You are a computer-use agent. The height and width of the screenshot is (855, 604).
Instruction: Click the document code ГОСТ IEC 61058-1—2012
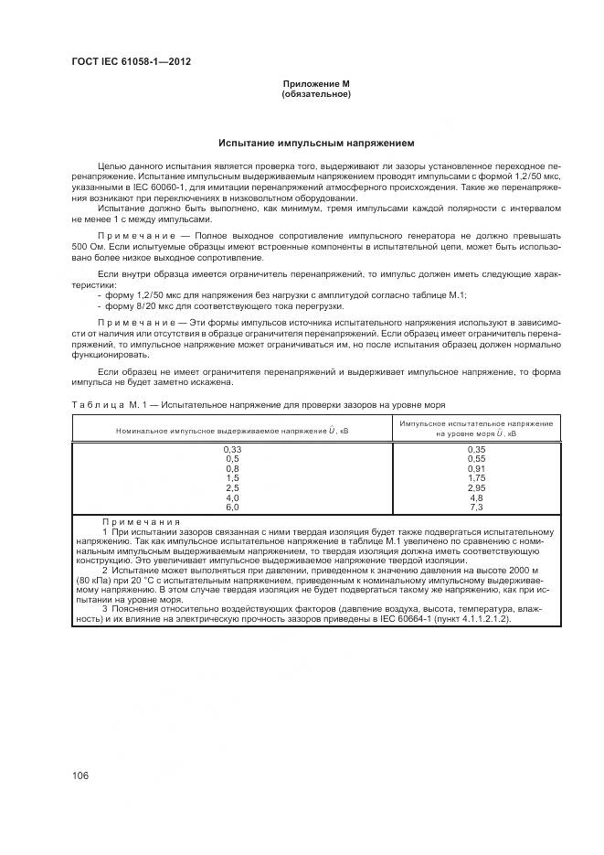coord(131,62)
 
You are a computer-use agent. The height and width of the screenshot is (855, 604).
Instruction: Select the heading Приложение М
coord(316,85)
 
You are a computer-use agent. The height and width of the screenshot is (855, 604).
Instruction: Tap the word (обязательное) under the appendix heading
coord(316,94)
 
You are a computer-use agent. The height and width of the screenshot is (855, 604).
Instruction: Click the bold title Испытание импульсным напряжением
coord(316,144)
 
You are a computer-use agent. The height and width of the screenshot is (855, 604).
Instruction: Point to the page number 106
coord(79,775)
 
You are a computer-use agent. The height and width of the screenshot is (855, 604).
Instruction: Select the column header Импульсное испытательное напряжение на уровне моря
coord(475,429)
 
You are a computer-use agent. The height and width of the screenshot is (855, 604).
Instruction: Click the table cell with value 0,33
coord(231,449)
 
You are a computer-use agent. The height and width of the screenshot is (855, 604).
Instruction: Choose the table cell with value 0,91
coord(475,468)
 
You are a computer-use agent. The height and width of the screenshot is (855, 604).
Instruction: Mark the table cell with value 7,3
coord(475,506)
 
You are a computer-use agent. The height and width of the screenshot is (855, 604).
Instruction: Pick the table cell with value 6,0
coord(231,506)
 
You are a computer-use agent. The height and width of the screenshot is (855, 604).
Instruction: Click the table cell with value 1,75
coord(475,477)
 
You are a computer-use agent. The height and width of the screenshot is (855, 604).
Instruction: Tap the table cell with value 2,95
coord(475,487)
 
